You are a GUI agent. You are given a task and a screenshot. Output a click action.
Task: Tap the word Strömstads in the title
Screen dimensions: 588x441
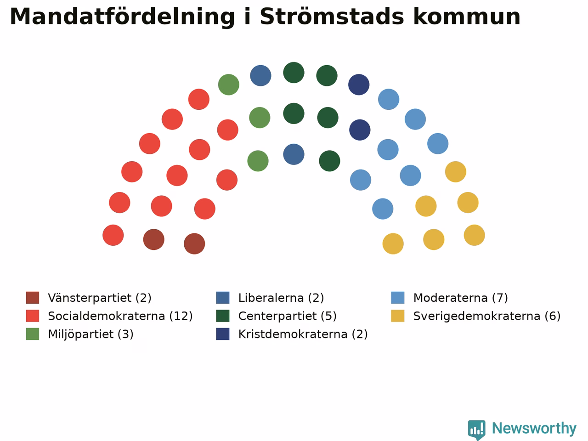pos(332,17)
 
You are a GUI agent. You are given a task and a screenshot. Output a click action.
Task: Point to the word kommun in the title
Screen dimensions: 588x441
pos(467,17)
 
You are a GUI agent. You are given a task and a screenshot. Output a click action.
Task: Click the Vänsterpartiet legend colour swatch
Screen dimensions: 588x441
pos(33,298)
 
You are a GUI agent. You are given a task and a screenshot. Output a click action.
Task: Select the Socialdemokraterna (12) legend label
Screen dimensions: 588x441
pos(120,316)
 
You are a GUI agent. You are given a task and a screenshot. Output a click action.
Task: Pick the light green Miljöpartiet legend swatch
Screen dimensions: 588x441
pos(33,334)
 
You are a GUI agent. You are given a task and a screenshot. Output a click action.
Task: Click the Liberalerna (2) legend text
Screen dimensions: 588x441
pos(281,298)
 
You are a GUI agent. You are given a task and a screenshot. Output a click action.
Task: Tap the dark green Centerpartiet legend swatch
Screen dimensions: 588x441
pos(223,316)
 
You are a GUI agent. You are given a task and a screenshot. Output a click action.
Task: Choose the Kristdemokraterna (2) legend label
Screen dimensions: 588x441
pos(303,334)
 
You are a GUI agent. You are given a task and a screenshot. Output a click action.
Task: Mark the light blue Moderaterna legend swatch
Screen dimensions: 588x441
pos(398,298)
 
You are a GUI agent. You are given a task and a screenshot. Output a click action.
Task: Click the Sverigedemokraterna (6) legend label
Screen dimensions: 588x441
pos(487,316)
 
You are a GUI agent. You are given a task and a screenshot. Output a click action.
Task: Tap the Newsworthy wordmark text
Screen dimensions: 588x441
pos(534,429)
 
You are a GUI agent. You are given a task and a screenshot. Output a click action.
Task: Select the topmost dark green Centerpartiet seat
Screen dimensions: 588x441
pos(294,73)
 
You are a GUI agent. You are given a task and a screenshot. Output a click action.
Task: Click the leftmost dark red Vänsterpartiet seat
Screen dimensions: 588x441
pos(154,239)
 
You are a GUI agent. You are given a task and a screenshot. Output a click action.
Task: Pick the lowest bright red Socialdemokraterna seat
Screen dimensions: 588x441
pos(113,235)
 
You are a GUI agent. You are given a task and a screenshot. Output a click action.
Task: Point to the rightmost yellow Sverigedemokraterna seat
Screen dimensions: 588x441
pos(475,235)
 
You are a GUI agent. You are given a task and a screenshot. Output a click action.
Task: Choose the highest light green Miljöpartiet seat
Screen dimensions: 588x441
pos(228,85)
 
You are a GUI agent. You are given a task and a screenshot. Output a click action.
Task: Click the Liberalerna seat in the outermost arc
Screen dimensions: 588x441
pos(260,75)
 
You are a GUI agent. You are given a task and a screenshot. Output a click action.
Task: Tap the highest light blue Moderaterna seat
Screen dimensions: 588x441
pos(389,99)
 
